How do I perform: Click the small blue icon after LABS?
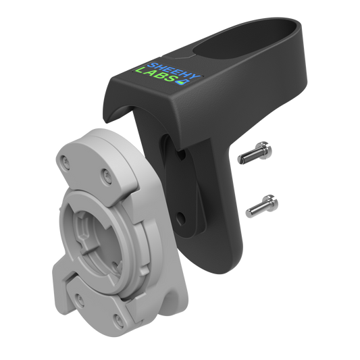pos(180,85)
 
